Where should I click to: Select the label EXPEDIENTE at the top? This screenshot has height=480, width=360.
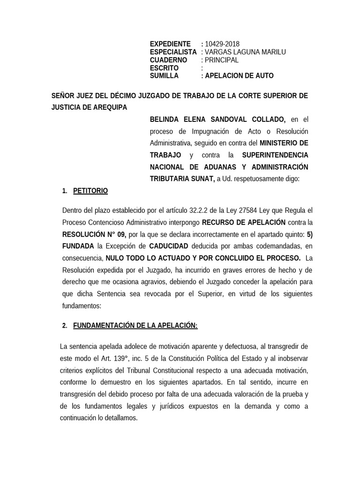pyautogui.click(x=170, y=44)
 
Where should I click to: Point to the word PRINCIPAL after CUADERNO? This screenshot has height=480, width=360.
pyautogui.click(x=221, y=60)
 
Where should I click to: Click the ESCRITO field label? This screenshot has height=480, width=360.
pyautogui.click(x=164, y=68)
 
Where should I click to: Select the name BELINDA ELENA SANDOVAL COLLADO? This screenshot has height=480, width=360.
pyautogui.click(x=217, y=119)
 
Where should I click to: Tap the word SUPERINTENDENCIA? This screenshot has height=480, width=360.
pyautogui.click(x=275, y=155)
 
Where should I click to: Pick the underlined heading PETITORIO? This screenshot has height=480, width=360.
pyautogui.click(x=90, y=191)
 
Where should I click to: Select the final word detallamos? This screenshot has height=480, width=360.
pyautogui.click(x=119, y=417)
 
